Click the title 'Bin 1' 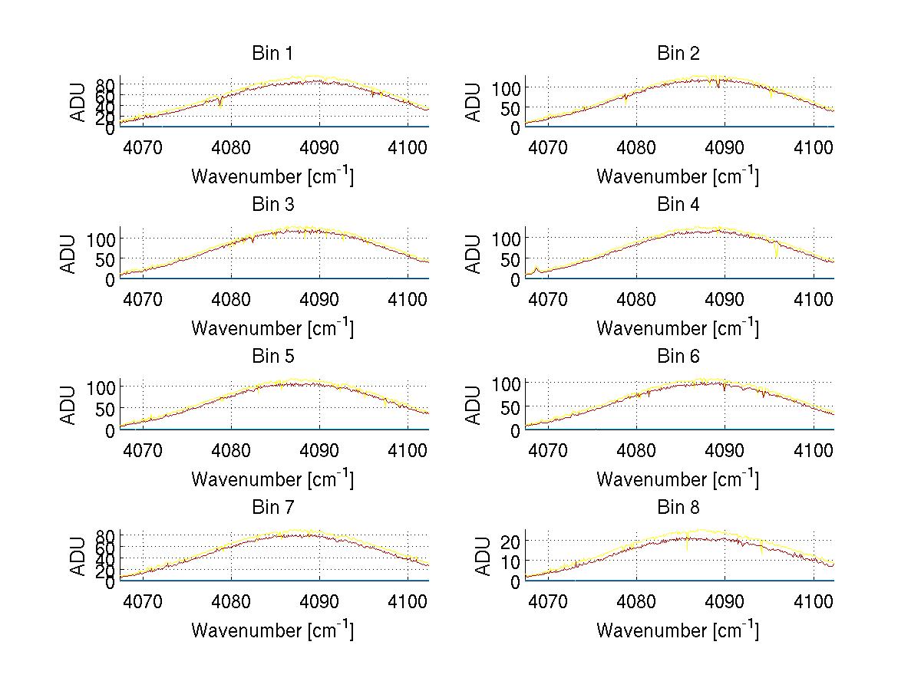point(272,54)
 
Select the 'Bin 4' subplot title point(678,205)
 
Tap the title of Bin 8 point(678,508)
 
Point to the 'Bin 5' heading point(272,357)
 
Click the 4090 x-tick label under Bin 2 point(725,147)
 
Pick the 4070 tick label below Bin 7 point(143,601)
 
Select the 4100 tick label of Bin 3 point(408,298)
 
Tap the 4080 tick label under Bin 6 point(636,450)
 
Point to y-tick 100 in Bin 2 point(507,88)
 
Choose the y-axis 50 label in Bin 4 point(510,260)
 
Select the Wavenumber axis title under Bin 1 point(272,176)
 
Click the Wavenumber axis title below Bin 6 point(678,479)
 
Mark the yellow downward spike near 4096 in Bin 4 point(777,252)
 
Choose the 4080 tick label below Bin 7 point(231,601)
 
